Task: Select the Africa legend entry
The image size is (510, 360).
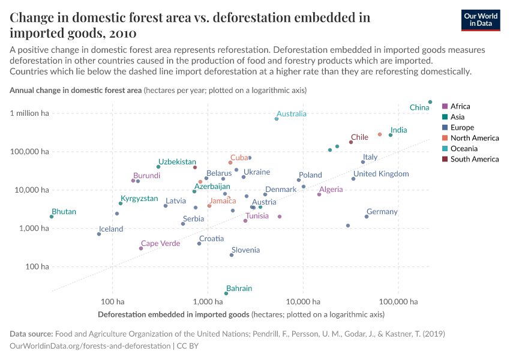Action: point(460,106)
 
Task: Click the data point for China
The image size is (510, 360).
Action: point(430,102)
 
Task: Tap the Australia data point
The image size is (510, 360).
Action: point(277,119)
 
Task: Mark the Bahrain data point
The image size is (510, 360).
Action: point(226,293)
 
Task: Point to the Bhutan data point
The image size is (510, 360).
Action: point(52,217)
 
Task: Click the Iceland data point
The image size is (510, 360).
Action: point(99,234)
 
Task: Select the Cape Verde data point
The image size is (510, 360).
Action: point(141,248)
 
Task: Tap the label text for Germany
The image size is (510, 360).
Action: point(382,212)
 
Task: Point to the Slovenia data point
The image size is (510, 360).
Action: point(232,255)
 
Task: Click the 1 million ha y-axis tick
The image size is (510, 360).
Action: point(29,113)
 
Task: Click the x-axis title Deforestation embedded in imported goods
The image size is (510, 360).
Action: point(173,314)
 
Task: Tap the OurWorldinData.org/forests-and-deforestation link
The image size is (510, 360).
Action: point(91,346)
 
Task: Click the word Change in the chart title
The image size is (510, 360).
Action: point(34,17)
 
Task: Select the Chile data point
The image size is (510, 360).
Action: point(351,142)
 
